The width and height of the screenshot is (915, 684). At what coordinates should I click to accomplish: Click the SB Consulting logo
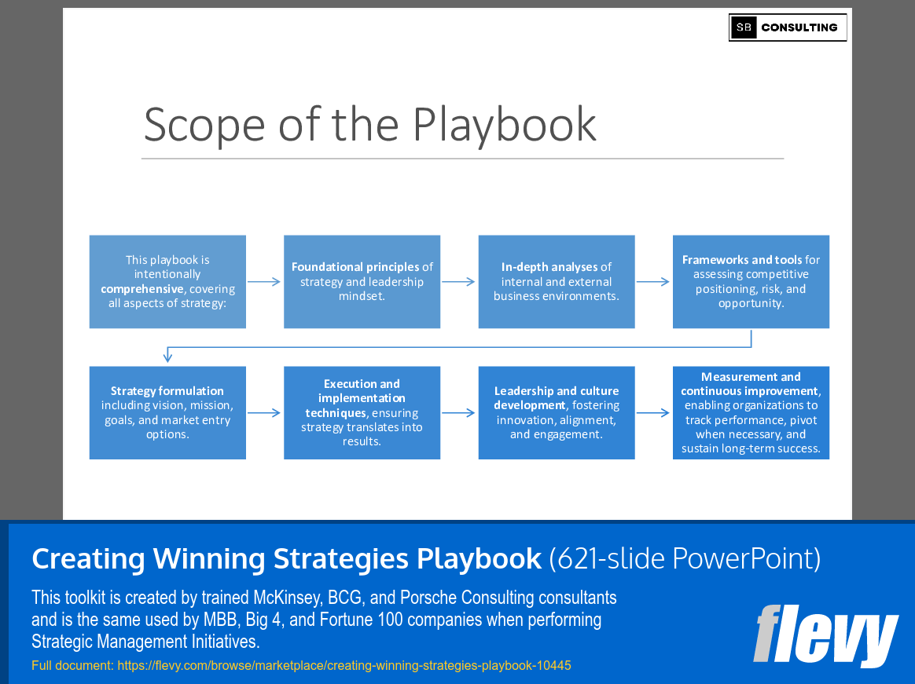point(787,27)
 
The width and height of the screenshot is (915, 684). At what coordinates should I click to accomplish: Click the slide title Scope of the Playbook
point(369,124)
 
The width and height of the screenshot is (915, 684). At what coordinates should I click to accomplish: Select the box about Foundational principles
point(362,281)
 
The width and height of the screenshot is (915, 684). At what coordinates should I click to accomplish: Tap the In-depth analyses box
point(556,281)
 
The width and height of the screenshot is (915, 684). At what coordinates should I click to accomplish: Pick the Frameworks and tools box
point(751,281)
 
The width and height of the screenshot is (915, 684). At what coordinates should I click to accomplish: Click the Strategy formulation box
point(167,412)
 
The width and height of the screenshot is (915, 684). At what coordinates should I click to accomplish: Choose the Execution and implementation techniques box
point(362,412)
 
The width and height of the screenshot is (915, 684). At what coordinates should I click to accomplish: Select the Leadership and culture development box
point(556,412)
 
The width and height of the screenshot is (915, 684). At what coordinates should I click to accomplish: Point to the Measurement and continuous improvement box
point(751,412)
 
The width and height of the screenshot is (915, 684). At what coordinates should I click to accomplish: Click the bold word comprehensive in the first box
point(141,289)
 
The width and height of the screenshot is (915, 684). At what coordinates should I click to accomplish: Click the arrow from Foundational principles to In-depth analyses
point(459,282)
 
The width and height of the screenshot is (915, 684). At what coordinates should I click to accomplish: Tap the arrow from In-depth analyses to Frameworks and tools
point(653,282)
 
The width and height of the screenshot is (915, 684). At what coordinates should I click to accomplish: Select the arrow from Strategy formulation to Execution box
point(264,412)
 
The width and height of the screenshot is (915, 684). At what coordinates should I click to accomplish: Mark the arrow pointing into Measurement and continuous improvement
point(653,412)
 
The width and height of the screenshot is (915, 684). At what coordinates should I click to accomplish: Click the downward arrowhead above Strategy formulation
point(167,357)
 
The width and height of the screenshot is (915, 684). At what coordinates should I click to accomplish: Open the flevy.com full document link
point(344,666)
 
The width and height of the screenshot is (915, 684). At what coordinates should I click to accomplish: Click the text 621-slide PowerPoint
point(685,558)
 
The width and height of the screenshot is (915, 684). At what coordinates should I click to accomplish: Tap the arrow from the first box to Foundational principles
point(264,282)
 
